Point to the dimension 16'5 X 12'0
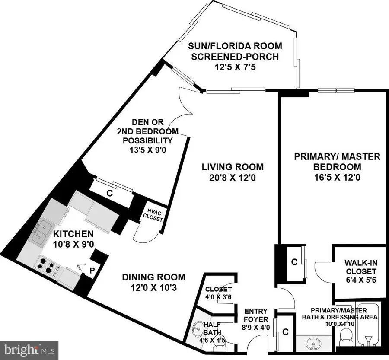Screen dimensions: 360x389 (x=337, y=177)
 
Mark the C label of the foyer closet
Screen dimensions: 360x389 (x=285, y=332)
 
